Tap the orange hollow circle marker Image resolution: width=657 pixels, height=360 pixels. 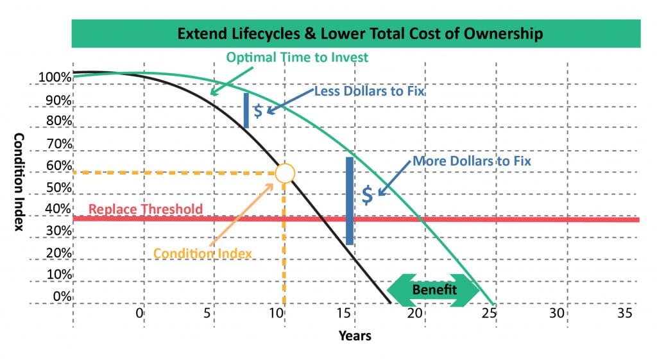point(285,173)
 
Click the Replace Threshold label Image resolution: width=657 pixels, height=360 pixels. point(146,209)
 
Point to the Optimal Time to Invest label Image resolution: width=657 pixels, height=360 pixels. point(297,58)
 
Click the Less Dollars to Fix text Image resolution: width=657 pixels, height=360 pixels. point(370,92)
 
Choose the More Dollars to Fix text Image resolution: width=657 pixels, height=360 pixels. point(472,160)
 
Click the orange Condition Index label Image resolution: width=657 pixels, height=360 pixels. point(203,253)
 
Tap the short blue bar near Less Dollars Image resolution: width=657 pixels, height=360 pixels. point(246,110)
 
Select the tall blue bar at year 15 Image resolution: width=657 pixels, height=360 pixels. point(350,201)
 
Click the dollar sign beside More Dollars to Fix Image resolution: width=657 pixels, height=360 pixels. point(367,195)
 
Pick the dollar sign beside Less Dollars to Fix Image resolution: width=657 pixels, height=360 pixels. point(257,110)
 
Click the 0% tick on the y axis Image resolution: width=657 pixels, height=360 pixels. point(62,297)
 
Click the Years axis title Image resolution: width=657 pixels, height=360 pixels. point(355,335)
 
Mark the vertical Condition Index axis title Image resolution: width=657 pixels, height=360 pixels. point(19,183)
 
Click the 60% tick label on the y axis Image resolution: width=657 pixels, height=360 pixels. point(59,166)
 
